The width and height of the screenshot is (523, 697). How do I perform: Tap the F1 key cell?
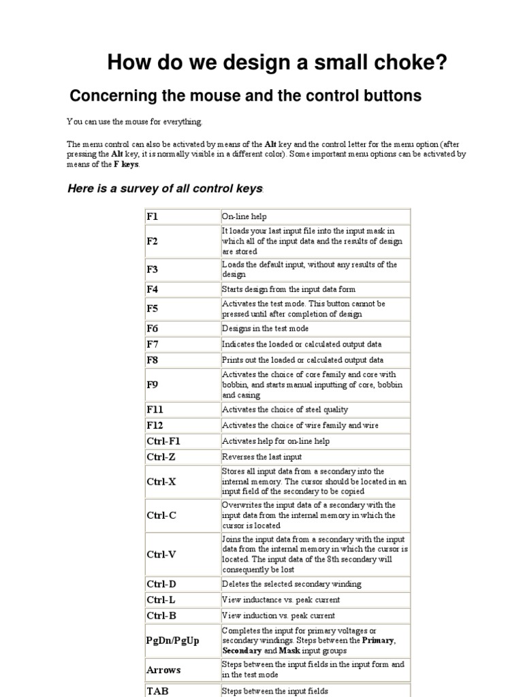click(x=152, y=216)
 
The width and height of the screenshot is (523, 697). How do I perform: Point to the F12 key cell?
click(x=155, y=425)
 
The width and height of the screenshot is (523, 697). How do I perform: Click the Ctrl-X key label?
click(x=161, y=481)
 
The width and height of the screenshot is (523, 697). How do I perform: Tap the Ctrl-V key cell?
click(x=161, y=554)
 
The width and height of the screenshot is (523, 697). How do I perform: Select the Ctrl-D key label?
click(x=162, y=584)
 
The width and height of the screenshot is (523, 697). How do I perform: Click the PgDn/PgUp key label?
click(x=173, y=641)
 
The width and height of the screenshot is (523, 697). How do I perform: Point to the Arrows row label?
click(x=163, y=670)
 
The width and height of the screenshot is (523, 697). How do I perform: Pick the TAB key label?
click(x=157, y=690)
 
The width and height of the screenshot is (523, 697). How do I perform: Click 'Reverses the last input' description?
click(x=261, y=457)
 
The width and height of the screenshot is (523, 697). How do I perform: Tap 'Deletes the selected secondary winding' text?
click(x=291, y=584)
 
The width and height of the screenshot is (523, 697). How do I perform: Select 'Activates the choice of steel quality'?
click(x=285, y=410)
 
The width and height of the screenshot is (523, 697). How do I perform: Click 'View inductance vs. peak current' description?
click(x=281, y=600)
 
